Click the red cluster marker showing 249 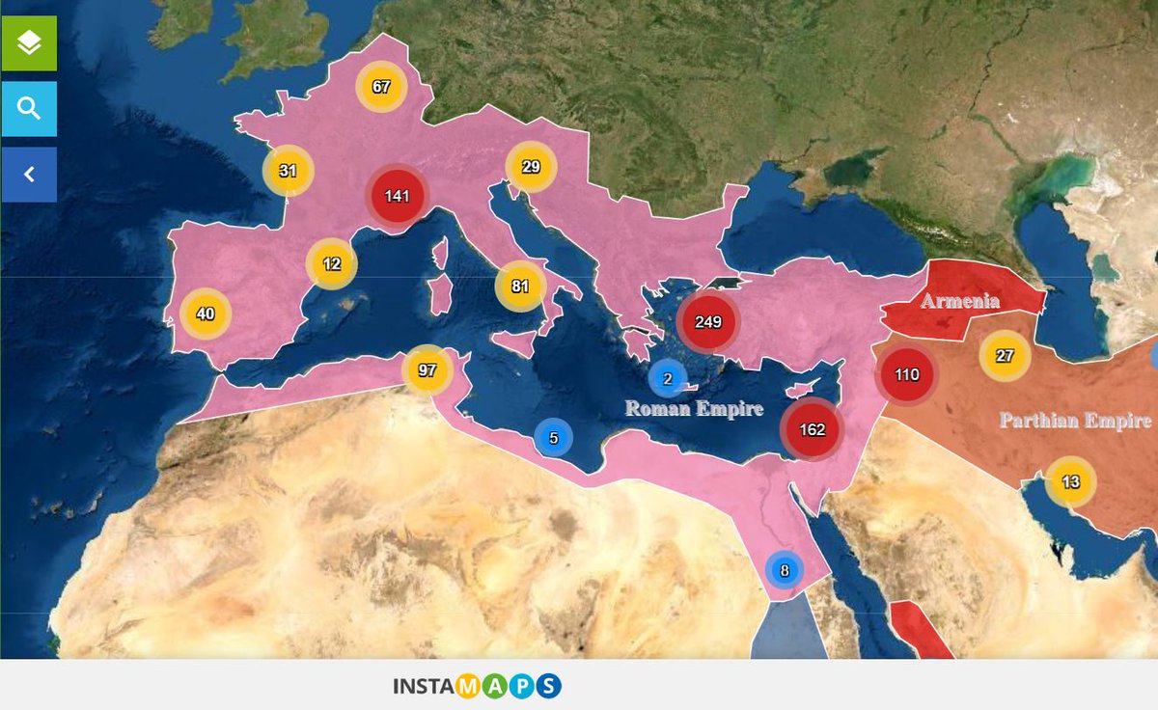click(707, 321)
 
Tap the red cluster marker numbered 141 click(397, 196)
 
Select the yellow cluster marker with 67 click(381, 87)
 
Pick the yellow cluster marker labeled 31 click(288, 172)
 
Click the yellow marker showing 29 click(531, 167)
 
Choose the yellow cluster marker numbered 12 click(331, 264)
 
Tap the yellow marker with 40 click(205, 314)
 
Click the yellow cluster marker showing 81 click(520, 286)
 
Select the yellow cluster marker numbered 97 click(427, 369)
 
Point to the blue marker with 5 click(553, 438)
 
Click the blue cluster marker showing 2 click(667, 379)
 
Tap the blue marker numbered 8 click(784, 570)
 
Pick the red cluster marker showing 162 click(813, 429)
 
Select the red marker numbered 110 click(906, 374)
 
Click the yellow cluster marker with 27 click(1005, 356)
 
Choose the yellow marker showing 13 click(1070, 482)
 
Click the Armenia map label click(959, 301)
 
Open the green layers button click(29, 43)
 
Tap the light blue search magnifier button click(29, 109)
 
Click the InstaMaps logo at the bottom click(477, 687)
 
